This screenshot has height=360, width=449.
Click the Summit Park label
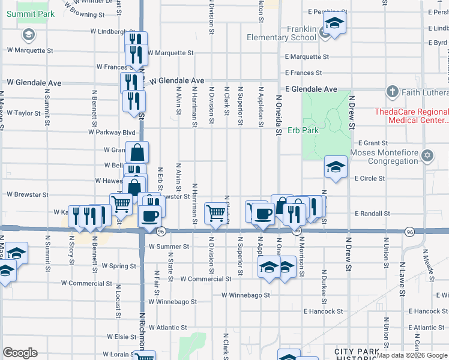point(28,13)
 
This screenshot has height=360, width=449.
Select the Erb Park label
point(302,130)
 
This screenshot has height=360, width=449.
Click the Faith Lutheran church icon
point(393,92)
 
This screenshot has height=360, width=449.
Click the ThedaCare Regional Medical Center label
point(411,116)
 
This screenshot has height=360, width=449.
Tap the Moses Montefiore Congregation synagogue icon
point(427,155)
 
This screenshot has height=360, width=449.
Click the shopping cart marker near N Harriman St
point(215,212)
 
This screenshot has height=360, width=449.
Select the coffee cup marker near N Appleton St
point(262,214)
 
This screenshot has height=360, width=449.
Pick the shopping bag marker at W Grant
point(137,152)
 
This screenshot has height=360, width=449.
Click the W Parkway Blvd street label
point(112,132)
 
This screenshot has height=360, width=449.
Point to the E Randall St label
point(372,214)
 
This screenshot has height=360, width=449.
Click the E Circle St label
point(369,178)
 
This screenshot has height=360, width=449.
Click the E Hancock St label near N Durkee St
point(323,311)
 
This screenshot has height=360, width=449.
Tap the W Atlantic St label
point(168,328)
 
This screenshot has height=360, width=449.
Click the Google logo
point(20,353)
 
